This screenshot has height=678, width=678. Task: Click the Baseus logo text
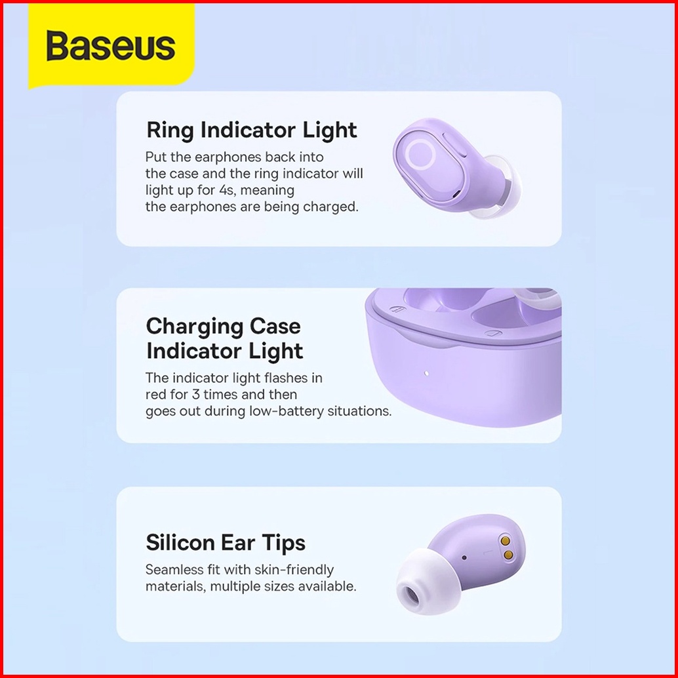coord(111,45)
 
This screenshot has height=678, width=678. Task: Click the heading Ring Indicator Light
coord(252,130)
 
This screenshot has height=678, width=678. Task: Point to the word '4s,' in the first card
coord(226,190)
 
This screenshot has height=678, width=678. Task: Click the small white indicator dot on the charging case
coord(426,373)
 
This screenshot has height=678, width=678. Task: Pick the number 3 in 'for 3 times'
coord(196,394)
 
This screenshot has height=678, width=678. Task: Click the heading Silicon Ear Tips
coord(226,542)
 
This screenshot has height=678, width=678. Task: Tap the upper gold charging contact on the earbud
coord(505,540)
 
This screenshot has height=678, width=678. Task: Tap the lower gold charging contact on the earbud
coord(509,555)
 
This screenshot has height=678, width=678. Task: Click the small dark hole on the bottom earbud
coord(464,557)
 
